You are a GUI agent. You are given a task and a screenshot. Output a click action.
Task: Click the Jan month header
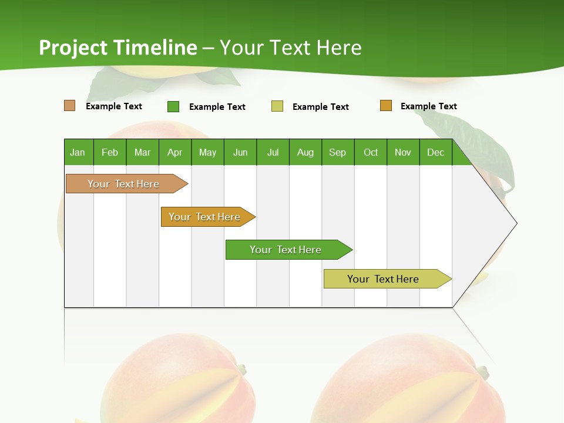(x=78, y=152)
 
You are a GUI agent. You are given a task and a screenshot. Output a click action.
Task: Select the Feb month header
(x=110, y=152)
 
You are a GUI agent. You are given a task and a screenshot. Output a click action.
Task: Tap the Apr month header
(x=174, y=152)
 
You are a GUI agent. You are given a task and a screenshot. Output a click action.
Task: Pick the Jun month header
(x=240, y=152)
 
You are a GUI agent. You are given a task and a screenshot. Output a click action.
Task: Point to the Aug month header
(x=305, y=152)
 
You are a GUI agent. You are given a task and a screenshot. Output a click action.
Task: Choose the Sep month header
(x=337, y=152)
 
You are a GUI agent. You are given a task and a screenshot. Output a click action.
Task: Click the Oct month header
(x=371, y=152)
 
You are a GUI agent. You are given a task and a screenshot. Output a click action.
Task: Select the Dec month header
(x=435, y=152)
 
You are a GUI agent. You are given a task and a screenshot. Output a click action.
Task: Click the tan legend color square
(x=70, y=106)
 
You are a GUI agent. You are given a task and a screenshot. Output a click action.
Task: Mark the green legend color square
(x=173, y=106)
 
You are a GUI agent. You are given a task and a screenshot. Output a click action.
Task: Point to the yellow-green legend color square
(x=277, y=106)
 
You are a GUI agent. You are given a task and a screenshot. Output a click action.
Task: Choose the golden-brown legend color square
(x=385, y=106)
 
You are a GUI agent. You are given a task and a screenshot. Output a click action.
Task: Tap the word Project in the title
(x=74, y=48)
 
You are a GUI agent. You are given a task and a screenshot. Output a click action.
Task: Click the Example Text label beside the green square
(x=217, y=107)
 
